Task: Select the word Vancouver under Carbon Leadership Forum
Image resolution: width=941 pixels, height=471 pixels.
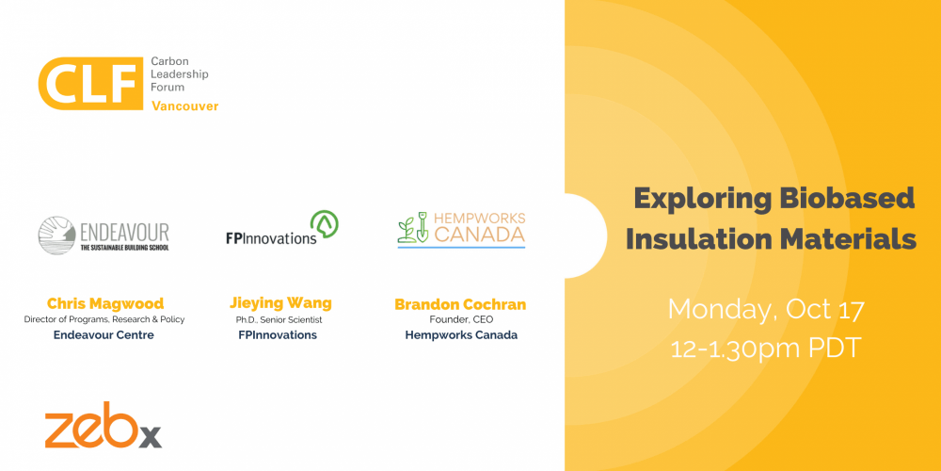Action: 184,106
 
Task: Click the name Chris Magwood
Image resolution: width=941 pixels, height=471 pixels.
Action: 104,303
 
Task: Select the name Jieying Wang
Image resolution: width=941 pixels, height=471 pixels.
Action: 280,303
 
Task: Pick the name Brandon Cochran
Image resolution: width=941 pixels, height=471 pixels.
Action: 460,304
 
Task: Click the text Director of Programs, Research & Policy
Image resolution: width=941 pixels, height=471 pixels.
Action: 104,319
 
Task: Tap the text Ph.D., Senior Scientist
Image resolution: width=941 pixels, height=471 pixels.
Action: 280,319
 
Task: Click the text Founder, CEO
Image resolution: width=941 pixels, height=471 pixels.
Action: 460,320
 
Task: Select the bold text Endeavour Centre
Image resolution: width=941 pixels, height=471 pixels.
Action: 104,335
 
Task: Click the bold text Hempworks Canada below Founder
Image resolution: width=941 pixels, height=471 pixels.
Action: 460,335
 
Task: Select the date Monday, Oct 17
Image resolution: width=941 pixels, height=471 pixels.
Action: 766,308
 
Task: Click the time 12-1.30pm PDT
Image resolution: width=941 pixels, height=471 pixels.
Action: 766,348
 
